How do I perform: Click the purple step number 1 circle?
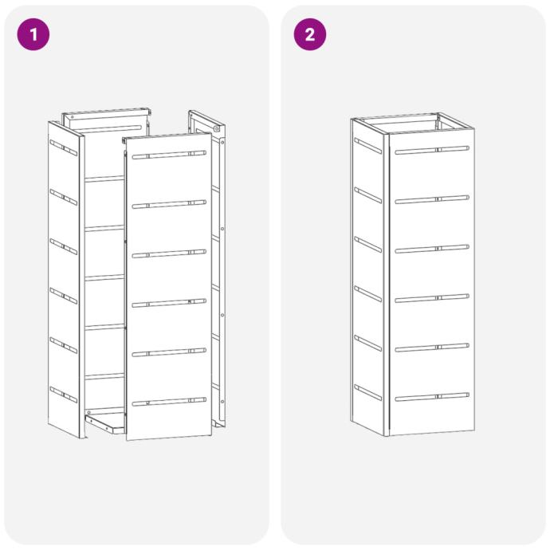tap(33, 34)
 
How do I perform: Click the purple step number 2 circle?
tap(310, 34)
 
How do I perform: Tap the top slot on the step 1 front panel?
tap(169, 155)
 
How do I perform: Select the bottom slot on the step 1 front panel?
tap(169, 401)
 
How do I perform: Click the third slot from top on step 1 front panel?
tap(169, 253)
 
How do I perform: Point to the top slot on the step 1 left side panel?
tap(64, 147)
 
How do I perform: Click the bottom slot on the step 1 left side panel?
tap(64, 395)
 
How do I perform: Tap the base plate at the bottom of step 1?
tap(105, 422)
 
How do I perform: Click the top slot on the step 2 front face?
tap(432, 150)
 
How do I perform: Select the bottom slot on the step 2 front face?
tap(432, 397)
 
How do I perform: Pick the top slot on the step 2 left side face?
tap(368, 146)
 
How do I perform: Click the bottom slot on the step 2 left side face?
tap(368, 392)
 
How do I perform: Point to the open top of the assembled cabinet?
tap(413, 124)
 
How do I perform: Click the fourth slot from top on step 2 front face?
tap(432, 298)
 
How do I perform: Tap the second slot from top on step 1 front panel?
tap(169, 204)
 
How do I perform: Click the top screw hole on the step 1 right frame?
tap(217, 128)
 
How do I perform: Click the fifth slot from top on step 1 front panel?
tap(169, 352)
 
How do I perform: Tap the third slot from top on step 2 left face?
tap(368, 245)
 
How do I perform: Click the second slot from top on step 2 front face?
tap(432, 199)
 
